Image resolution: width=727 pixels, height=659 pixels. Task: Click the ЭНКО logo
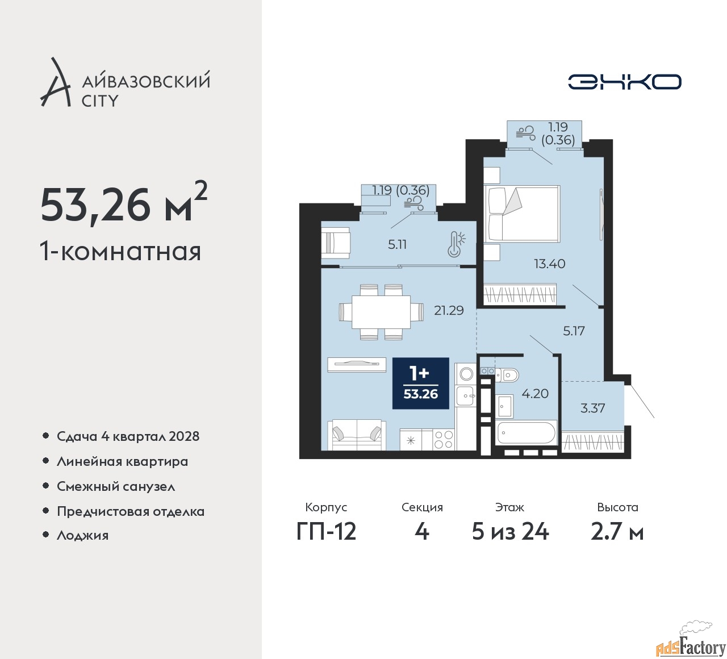coord(624,82)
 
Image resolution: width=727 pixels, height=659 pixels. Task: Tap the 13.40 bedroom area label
coord(549,264)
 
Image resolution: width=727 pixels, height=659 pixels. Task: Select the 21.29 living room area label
coord(449,310)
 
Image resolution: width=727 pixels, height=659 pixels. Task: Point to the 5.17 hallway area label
coord(574,331)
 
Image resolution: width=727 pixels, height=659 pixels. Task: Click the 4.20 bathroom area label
coord(535,393)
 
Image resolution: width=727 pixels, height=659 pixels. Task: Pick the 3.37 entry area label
coord(592,408)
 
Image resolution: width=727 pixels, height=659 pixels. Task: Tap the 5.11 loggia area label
coord(397,244)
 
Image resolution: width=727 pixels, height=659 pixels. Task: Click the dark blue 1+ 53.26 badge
coord(421,383)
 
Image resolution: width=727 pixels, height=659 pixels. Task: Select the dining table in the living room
coord(381,312)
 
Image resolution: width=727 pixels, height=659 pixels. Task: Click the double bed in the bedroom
coord(522,214)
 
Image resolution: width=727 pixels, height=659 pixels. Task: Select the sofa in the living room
coord(357,435)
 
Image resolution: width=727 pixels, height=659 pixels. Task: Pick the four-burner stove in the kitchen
coord(444,439)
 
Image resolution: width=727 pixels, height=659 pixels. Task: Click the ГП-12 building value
coord(326,532)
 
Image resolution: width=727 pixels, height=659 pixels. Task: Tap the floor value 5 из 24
coord(510,532)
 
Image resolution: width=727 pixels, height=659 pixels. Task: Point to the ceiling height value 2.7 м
coord(617,532)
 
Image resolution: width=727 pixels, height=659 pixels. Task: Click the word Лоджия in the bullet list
coord(82,535)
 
